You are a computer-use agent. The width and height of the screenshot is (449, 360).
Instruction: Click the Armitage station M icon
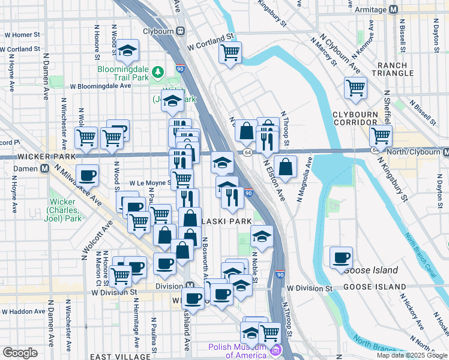point(394,10)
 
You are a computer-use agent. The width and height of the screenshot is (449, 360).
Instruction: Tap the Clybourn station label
point(158,31)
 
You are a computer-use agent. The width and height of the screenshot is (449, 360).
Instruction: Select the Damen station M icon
point(44,169)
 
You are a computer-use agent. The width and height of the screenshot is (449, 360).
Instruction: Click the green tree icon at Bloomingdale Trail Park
point(158,73)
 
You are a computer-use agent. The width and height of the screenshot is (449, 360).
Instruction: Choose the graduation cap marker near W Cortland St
point(127,51)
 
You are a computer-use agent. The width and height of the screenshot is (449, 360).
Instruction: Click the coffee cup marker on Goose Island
point(342,257)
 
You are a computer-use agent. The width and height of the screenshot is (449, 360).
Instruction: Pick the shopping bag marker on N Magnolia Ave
point(287,167)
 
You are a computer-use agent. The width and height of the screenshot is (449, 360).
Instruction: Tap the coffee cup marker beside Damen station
point(88,175)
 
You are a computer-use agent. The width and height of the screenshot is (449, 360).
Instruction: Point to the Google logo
point(20,353)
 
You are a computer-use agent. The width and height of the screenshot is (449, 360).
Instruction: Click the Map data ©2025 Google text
point(412,355)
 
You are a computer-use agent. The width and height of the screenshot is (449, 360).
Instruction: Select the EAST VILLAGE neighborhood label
point(116,356)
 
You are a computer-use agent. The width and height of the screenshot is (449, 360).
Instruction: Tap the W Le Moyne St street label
point(149,182)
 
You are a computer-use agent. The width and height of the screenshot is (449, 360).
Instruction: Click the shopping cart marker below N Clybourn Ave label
point(355,88)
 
